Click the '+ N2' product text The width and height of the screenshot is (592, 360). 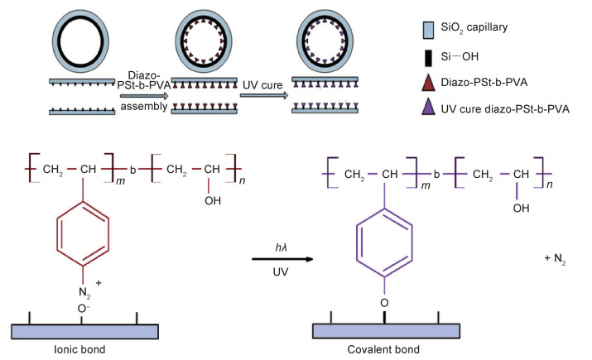(553, 260)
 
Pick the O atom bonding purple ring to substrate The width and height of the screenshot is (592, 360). (384, 303)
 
